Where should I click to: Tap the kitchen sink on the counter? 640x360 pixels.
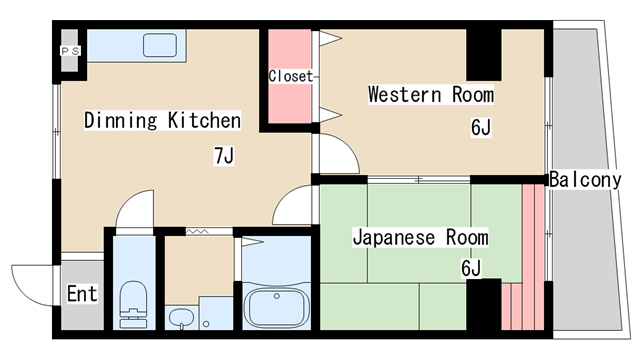coord(161,45)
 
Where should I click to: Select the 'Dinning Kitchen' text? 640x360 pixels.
coord(162,121)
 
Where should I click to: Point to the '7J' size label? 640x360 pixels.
coord(223,155)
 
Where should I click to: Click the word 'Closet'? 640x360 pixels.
coord(291,76)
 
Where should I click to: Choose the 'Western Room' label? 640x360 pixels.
coord(431,95)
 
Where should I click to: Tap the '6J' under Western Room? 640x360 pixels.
coord(480,127)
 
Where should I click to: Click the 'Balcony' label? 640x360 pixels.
coord(585,180)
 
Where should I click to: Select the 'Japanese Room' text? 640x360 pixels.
coord(419,237)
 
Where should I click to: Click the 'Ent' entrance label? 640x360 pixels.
coord(82,294)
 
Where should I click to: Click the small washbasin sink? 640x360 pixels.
coord(182,318)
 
